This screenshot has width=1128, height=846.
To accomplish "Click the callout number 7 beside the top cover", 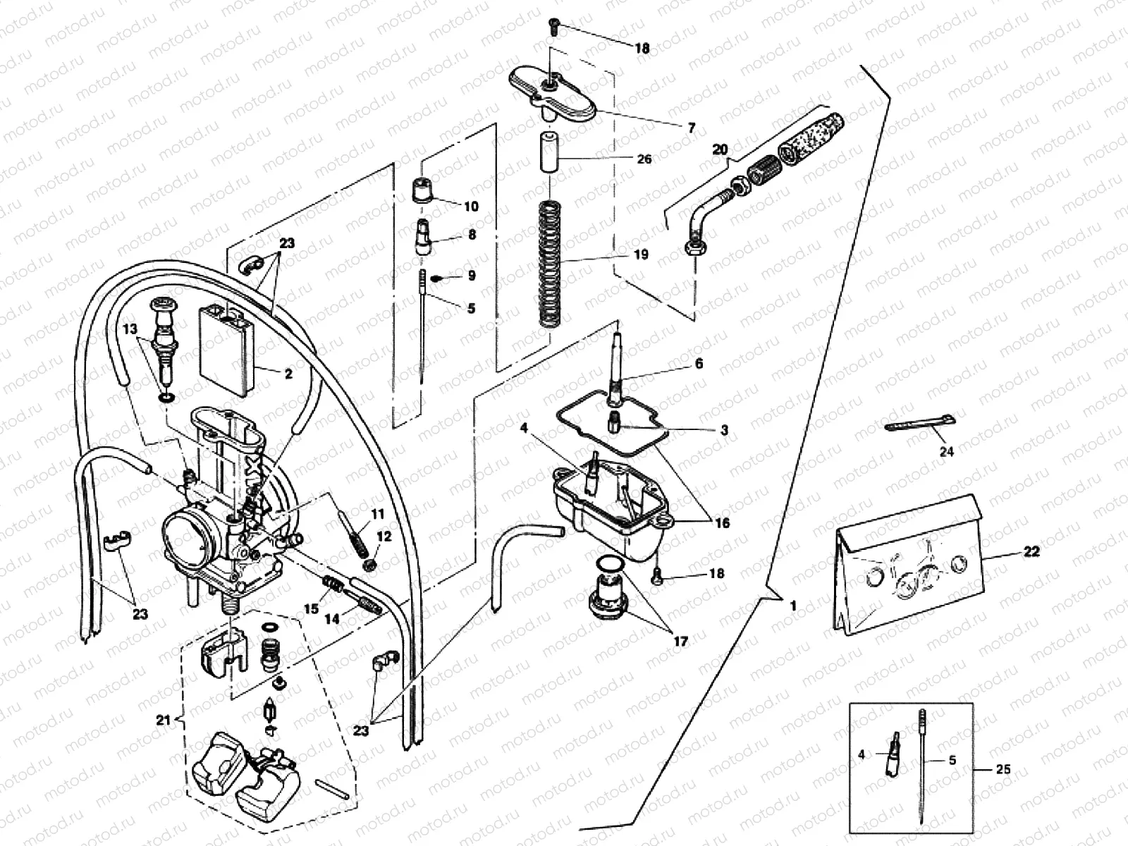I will point(692,128).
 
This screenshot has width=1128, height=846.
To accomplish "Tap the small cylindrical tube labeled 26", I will point(550,150).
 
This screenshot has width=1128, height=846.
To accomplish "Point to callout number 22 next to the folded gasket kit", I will point(1032,552).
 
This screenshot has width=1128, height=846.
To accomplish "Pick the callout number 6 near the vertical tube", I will point(699,364).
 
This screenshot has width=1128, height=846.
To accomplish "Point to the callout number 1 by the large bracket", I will point(793,605).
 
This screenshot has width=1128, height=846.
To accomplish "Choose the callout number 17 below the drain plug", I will point(681,642).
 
